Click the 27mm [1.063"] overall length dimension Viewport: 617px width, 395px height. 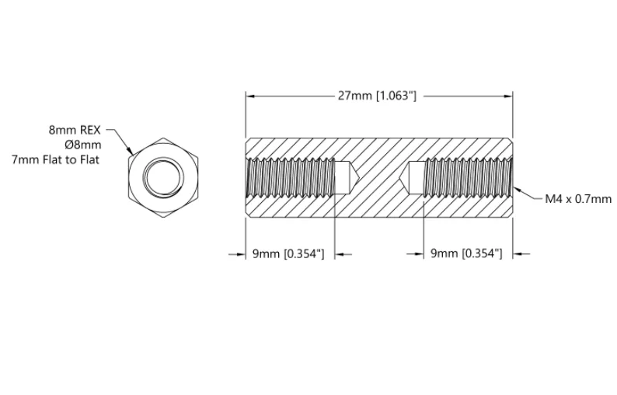click(377, 96)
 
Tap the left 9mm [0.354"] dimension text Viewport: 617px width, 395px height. click(288, 254)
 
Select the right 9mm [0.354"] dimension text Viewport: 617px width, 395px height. click(466, 253)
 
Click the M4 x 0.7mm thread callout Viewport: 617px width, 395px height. click(578, 199)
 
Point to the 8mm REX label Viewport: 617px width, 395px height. click(75, 130)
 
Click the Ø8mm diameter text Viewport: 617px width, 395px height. click(83, 145)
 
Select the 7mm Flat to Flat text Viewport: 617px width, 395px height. click(55, 159)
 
